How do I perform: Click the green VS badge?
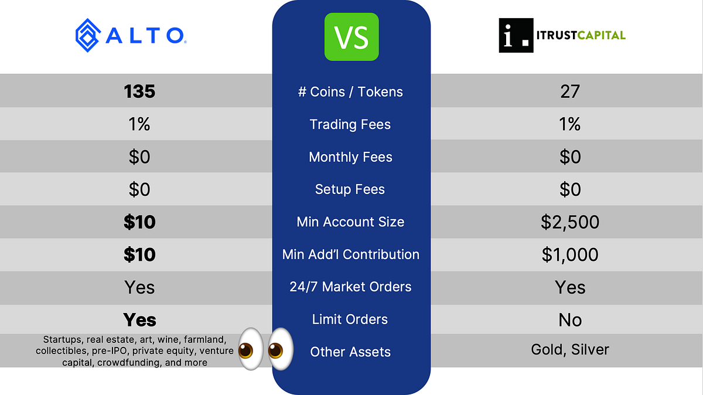coord(351,37)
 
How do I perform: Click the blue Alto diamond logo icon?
coord(88,35)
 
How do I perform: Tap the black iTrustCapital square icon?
coord(516,35)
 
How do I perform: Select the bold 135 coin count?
coord(139,91)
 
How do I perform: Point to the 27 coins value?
coord(570,91)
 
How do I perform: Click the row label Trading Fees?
coord(350,124)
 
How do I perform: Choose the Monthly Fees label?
coord(350,157)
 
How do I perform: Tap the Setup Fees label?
coord(350,189)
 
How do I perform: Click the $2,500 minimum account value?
coord(570,222)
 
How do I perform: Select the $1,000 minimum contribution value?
coord(570,254)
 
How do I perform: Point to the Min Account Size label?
coord(350,222)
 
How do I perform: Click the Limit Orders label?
coord(350,319)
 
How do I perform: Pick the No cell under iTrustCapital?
coord(570,320)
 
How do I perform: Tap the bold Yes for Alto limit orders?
coord(139,320)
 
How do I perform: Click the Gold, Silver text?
coord(570,350)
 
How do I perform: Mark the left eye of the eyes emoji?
coord(251,349)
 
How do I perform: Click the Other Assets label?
coord(350,352)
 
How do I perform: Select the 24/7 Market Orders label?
coord(350,287)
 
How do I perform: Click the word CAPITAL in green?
coord(601,35)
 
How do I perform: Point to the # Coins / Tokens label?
coord(350,92)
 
